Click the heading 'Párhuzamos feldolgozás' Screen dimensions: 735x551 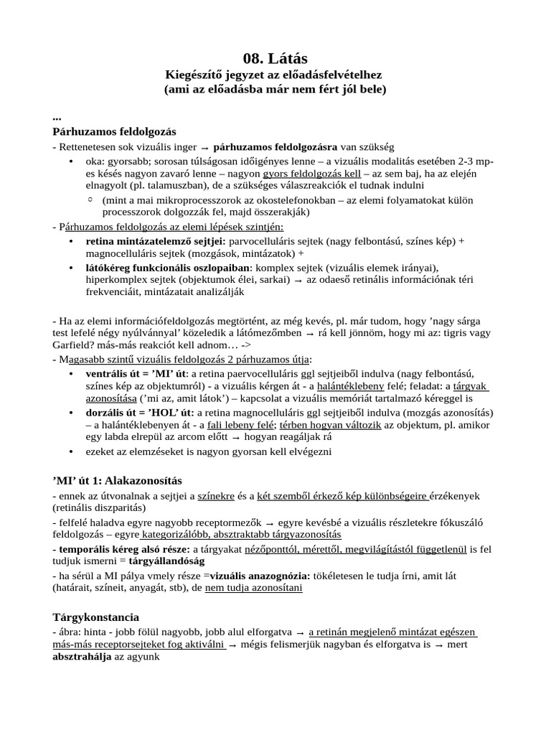[x=114, y=132]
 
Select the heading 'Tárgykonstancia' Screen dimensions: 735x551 [x=95, y=617]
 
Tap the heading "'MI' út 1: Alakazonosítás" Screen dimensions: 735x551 [x=118, y=480]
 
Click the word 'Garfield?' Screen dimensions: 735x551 [x=74, y=345]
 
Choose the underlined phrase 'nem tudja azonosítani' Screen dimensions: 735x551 [x=254, y=588]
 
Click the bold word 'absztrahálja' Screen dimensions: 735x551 [x=82, y=657]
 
